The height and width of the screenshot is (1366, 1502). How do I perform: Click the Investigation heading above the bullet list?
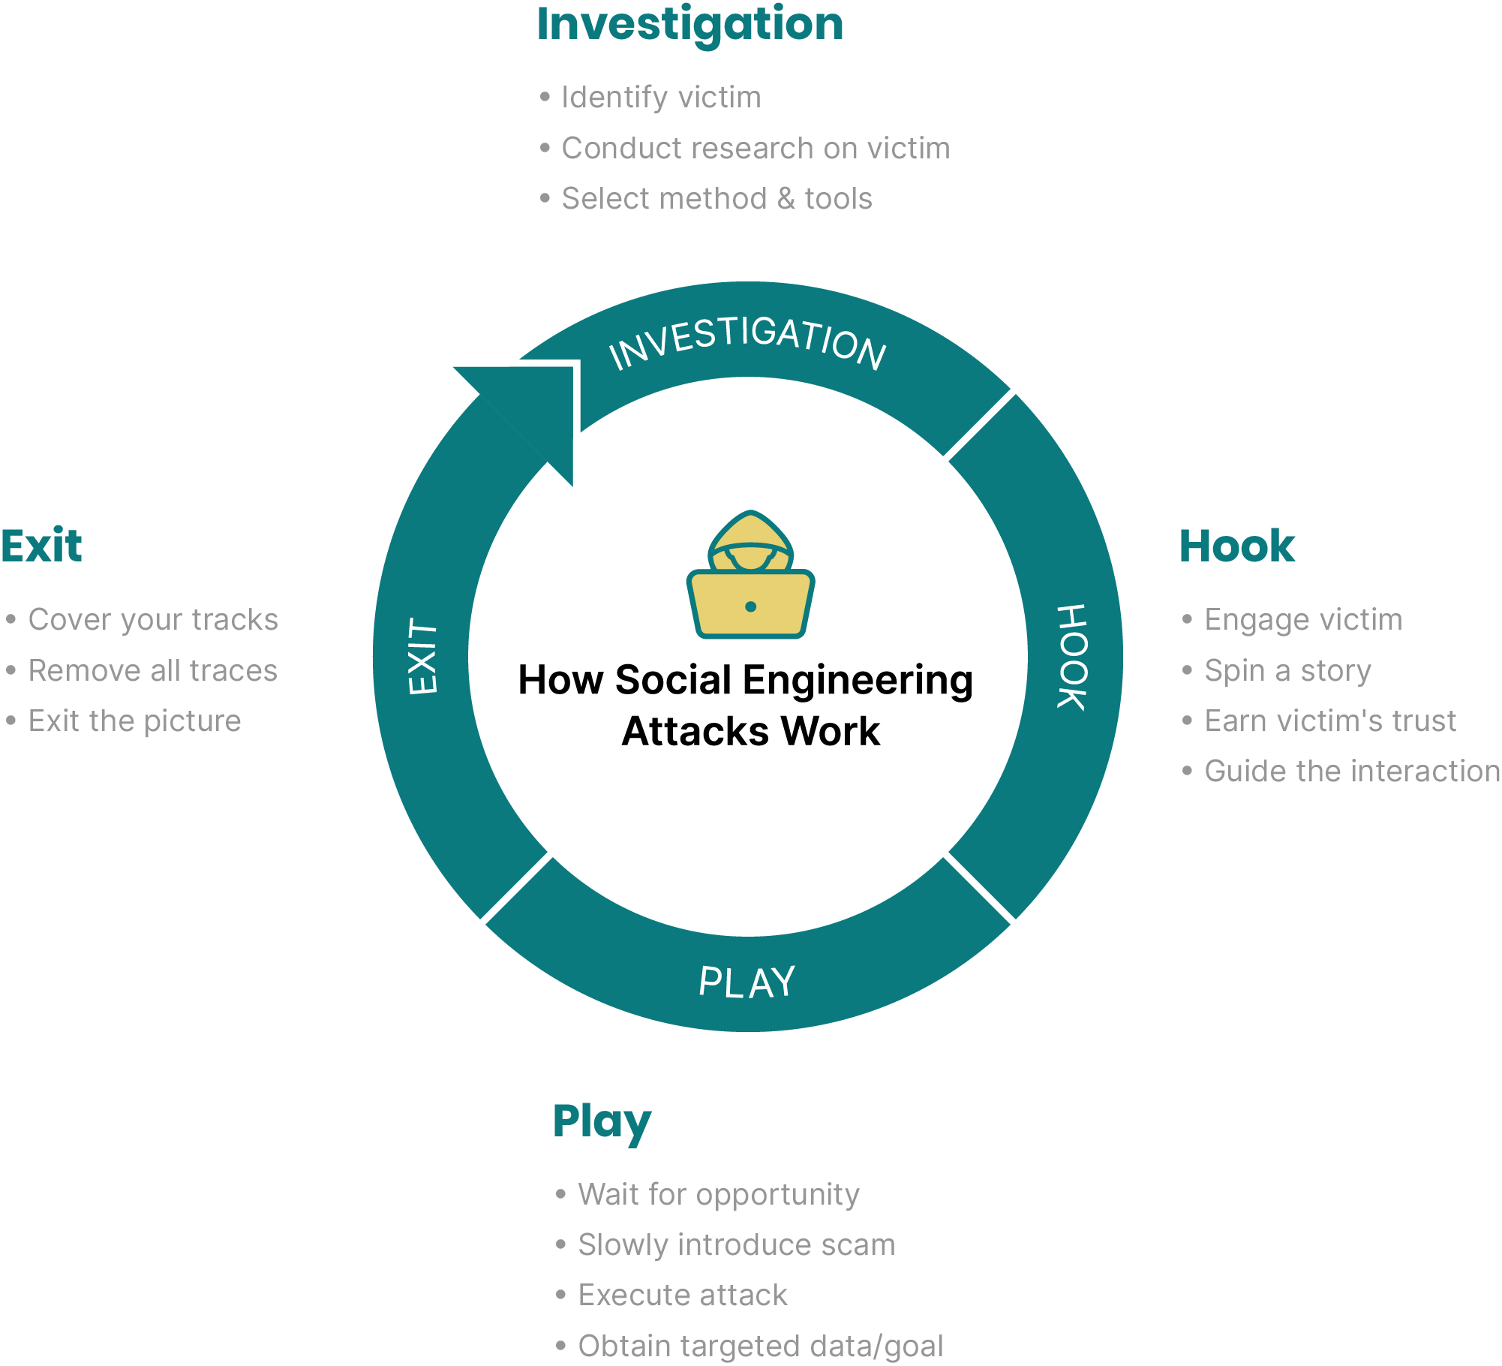click(690, 25)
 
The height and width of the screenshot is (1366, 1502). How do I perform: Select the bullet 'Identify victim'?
click(661, 98)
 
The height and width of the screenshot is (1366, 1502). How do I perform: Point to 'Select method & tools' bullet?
click(716, 199)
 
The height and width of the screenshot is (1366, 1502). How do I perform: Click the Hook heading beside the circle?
click(1236, 546)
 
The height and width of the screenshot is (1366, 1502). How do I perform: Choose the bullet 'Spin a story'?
click(1287, 670)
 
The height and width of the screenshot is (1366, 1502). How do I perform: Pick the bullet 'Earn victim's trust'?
click(1330, 721)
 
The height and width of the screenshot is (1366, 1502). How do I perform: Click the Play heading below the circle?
click(602, 1121)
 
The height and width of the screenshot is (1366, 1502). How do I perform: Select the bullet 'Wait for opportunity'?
click(718, 1194)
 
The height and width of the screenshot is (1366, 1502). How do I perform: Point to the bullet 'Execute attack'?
click(683, 1295)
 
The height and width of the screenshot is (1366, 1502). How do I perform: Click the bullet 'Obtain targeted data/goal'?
click(760, 1346)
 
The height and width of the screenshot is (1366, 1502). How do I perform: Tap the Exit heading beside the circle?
click(42, 546)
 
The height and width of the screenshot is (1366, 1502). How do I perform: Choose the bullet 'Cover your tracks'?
click(153, 620)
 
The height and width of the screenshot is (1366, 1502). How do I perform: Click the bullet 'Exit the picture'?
click(134, 721)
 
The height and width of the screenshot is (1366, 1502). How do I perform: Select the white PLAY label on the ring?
click(746, 982)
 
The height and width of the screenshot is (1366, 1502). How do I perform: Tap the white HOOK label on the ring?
click(1071, 657)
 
